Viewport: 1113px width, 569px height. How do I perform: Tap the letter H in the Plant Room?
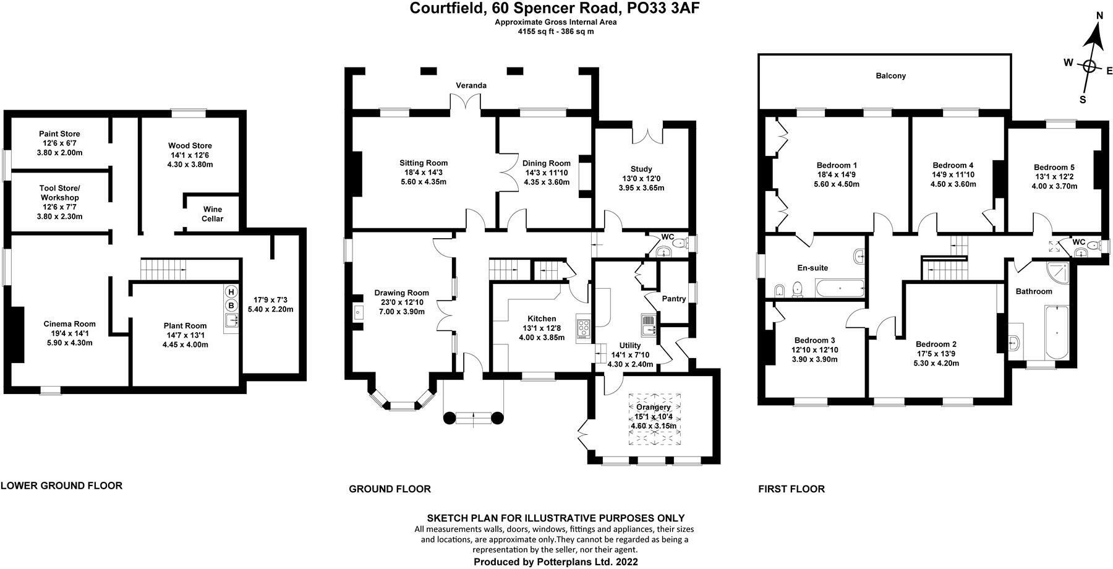tap(231, 292)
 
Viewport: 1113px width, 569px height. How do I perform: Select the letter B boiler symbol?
tap(231, 305)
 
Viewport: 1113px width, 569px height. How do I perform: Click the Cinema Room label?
tap(69, 324)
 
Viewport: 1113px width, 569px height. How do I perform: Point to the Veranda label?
tap(471, 85)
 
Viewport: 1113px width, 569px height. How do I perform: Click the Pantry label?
tap(673, 299)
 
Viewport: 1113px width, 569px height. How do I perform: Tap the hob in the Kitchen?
tap(584, 328)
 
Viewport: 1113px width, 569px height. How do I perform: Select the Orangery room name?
tap(653, 408)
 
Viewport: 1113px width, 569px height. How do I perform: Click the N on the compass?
tap(1099, 33)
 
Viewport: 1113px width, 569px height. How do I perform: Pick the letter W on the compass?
tap(1068, 62)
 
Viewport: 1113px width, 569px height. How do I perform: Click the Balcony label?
tap(890, 76)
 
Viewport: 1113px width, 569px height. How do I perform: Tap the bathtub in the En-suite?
tap(840, 288)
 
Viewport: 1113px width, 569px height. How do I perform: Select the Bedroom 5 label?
tap(1054, 167)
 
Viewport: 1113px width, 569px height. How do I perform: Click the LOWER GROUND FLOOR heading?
tap(61, 486)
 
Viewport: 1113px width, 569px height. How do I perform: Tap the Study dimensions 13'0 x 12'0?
tap(641, 179)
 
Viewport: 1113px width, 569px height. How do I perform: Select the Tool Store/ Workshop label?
tap(60, 193)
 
